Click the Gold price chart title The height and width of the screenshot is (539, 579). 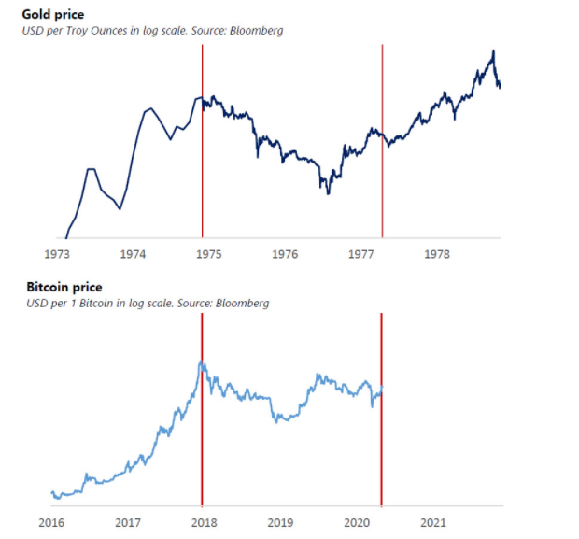coord(53,16)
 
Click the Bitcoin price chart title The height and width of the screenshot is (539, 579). coord(64,287)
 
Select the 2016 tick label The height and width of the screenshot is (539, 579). coord(51,521)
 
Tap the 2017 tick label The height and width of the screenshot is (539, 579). coord(128,521)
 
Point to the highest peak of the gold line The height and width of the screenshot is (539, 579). coord(493,50)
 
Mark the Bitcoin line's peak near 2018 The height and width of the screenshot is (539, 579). coord(201,362)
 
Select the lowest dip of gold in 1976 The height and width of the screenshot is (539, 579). coord(328,193)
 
